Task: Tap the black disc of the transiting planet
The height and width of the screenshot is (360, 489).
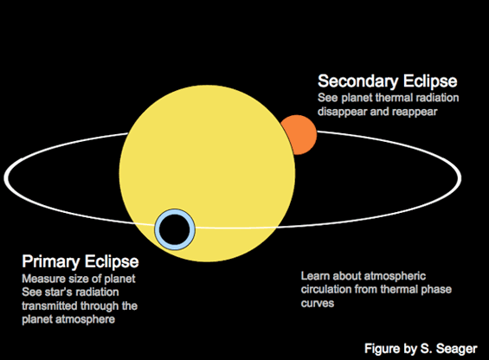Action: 175,229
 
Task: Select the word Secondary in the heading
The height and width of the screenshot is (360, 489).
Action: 357,81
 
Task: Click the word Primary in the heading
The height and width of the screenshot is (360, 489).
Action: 50,262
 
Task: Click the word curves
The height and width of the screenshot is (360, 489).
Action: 318,303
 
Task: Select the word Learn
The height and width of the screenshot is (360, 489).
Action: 315,276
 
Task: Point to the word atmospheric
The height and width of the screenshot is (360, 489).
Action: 395,276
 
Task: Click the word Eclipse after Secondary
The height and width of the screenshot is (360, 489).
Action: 430,81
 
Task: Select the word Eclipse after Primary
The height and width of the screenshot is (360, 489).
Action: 112,262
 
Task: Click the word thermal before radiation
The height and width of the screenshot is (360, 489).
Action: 394,98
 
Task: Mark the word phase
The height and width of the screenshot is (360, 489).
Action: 436,290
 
